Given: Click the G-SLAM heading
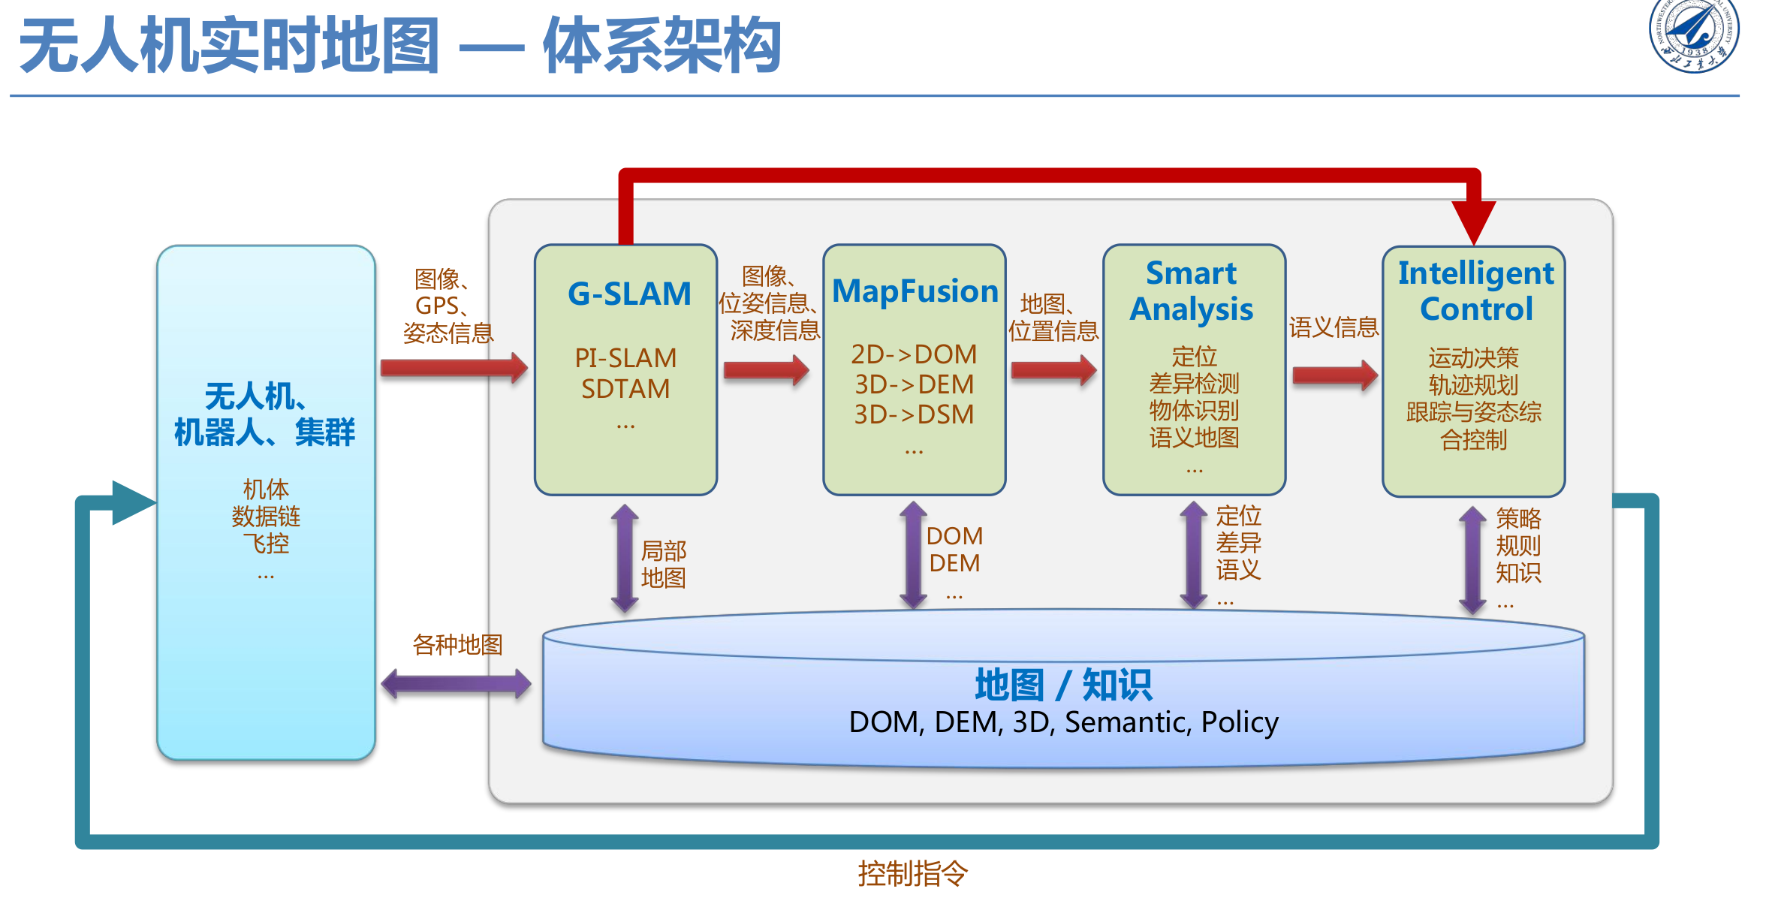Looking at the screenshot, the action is pyautogui.click(x=629, y=294).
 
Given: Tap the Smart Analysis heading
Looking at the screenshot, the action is pyautogui.click(x=1192, y=291).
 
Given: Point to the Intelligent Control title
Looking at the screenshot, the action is pyautogui.click(x=1475, y=291).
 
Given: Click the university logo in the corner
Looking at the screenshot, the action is pyautogui.click(x=1693, y=35).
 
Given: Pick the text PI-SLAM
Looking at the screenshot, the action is pyautogui.click(x=625, y=358).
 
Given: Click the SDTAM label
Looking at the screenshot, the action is pyautogui.click(x=625, y=389).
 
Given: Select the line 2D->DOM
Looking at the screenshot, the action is pyautogui.click(x=914, y=354).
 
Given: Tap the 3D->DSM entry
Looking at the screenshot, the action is pyautogui.click(x=914, y=414).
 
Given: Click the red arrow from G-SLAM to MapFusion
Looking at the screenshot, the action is pyautogui.click(x=767, y=369).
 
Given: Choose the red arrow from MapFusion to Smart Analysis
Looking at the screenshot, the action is pyautogui.click(x=1054, y=370).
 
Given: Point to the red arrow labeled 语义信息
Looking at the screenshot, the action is pyautogui.click(x=1335, y=375).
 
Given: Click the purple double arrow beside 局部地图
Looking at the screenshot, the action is pyautogui.click(x=625, y=558).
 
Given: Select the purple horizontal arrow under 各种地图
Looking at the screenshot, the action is pyautogui.click(x=457, y=684).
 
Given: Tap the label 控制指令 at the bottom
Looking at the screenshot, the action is pyautogui.click(x=913, y=874).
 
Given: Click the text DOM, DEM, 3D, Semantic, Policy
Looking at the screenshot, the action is pyautogui.click(x=1063, y=722).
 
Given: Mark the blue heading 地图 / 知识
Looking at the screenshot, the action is pyautogui.click(x=1063, y=685).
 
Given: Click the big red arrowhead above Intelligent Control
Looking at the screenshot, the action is pyautogui.click(x=1474, y=222).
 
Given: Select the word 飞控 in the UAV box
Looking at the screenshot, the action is pyautogui.click(x=266, y=543).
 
